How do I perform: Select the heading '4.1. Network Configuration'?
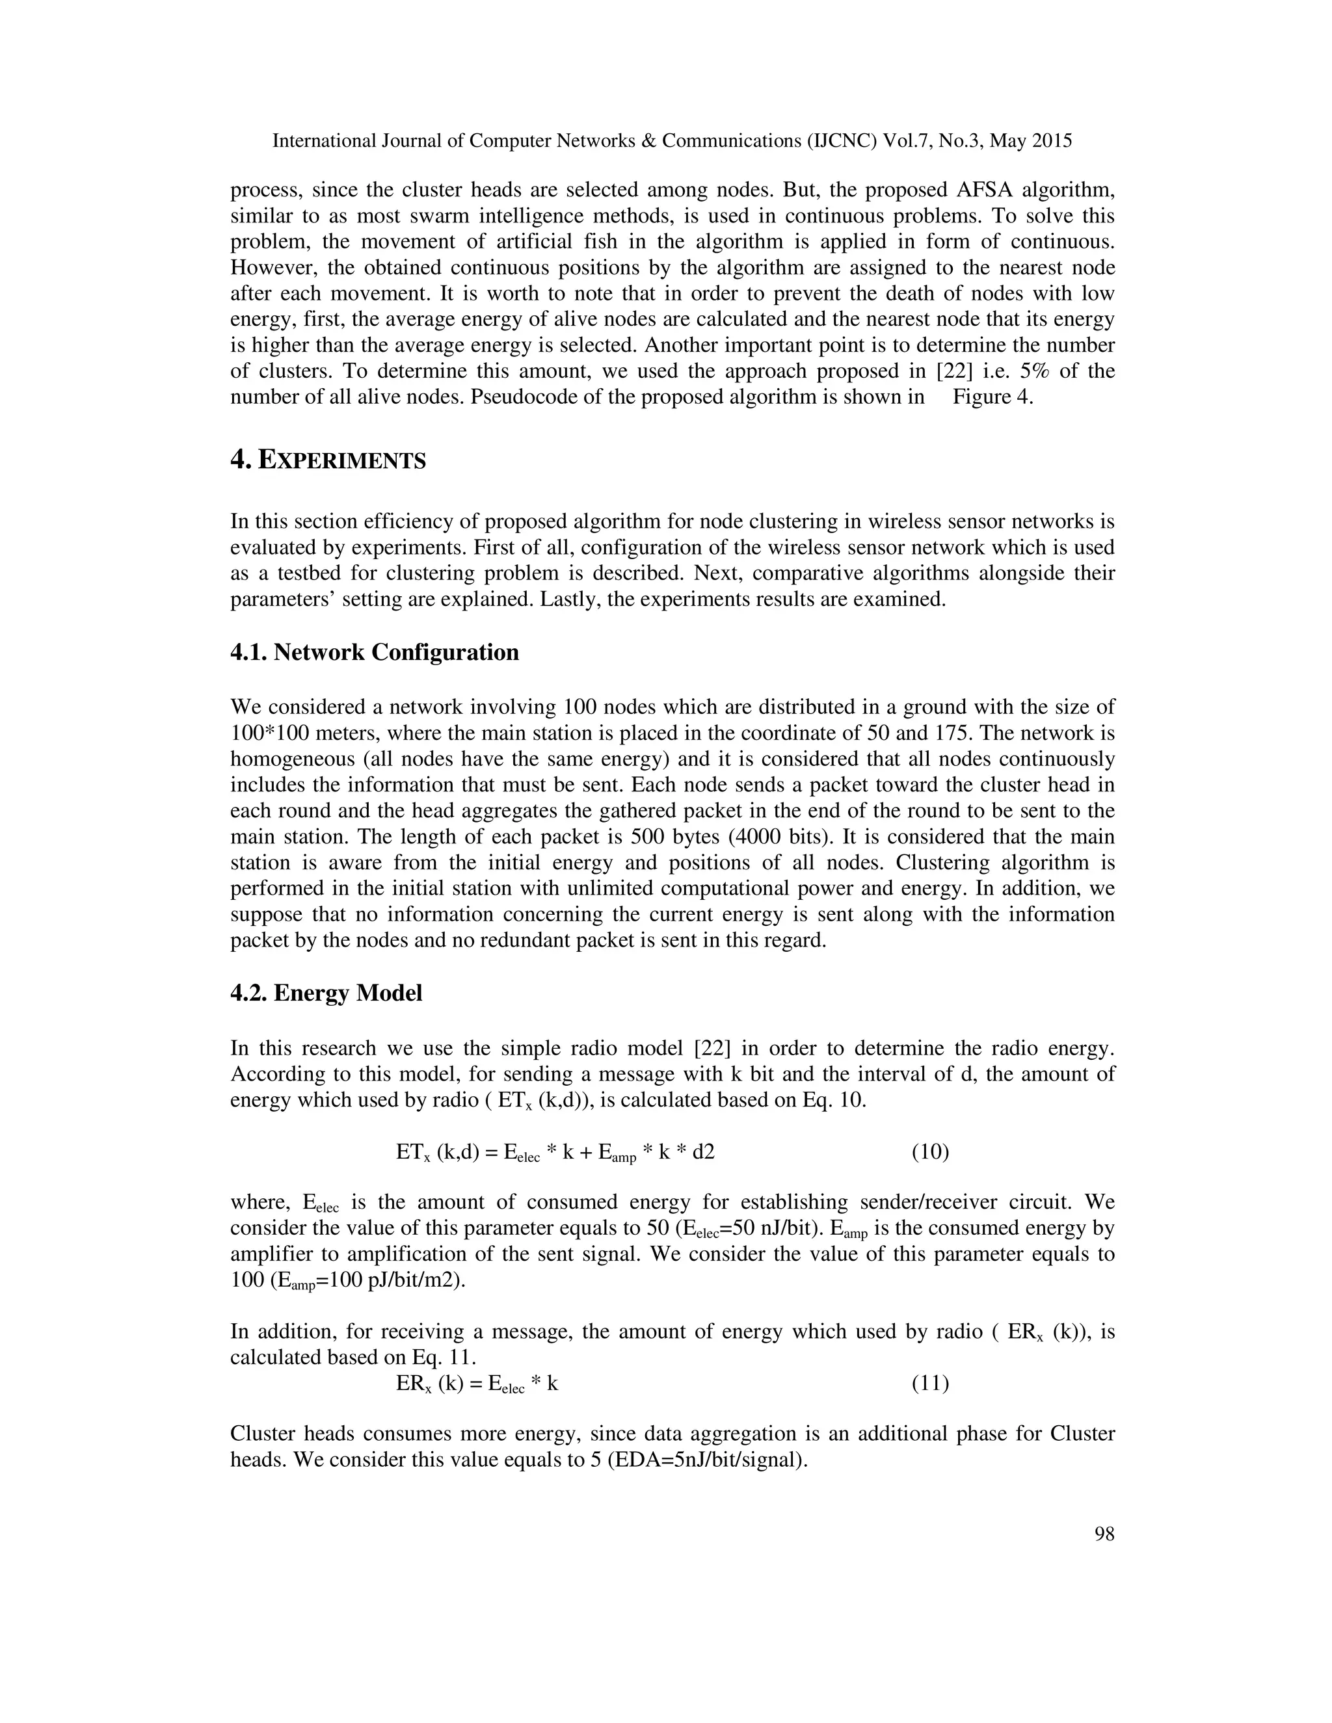tap(374, 652)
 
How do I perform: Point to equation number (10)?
tap(929, 1152)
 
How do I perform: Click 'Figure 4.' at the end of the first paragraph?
tap(992, 397)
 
